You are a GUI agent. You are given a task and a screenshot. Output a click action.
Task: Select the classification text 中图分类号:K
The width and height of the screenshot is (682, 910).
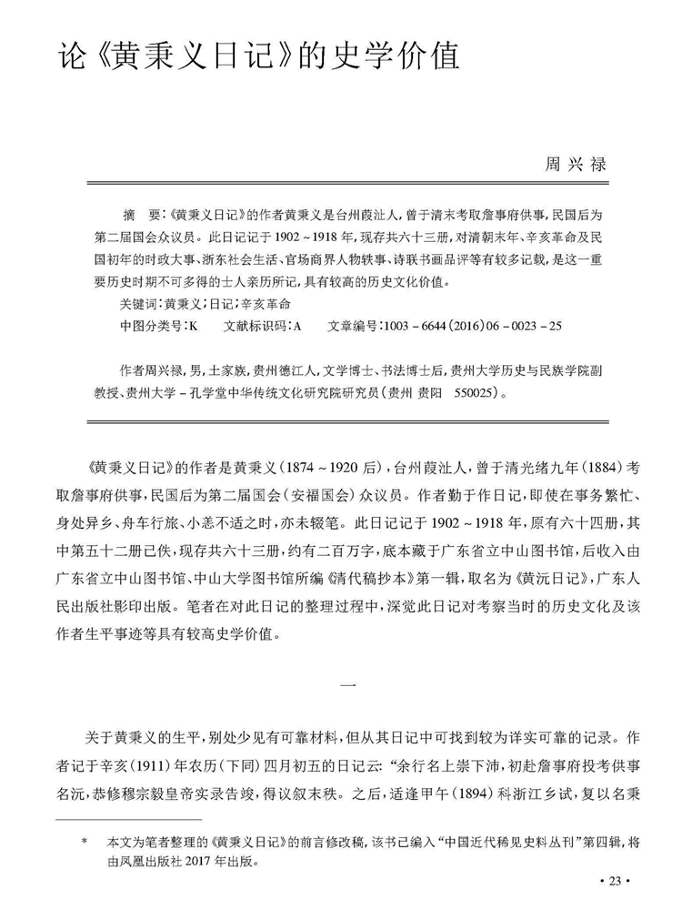152,325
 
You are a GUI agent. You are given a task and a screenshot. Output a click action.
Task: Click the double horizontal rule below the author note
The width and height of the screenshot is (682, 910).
346,421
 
